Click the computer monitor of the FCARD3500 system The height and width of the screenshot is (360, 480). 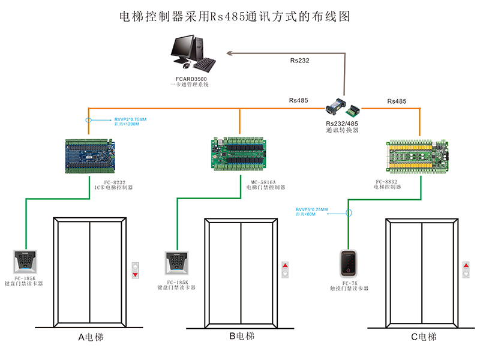(x=184, y=49)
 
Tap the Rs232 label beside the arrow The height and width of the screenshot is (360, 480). (x=299, y=61)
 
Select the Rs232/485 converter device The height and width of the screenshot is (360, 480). (x=343, y=107)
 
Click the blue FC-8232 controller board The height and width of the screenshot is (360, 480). (x=90, y=155)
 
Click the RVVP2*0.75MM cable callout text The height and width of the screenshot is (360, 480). (x=130, y=119)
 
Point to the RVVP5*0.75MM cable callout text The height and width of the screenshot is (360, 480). (x=312, y=209)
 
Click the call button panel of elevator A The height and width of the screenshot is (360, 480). (x=135, y=269)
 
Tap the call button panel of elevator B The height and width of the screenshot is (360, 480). (x=286, y=269)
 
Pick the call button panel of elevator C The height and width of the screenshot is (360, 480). (x=466, y=269)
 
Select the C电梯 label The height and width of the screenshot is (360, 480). (x=424, y=337)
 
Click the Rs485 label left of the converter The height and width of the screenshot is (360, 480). (x=298, y=100)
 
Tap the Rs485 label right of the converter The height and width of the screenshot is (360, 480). (x=397, y=101)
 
